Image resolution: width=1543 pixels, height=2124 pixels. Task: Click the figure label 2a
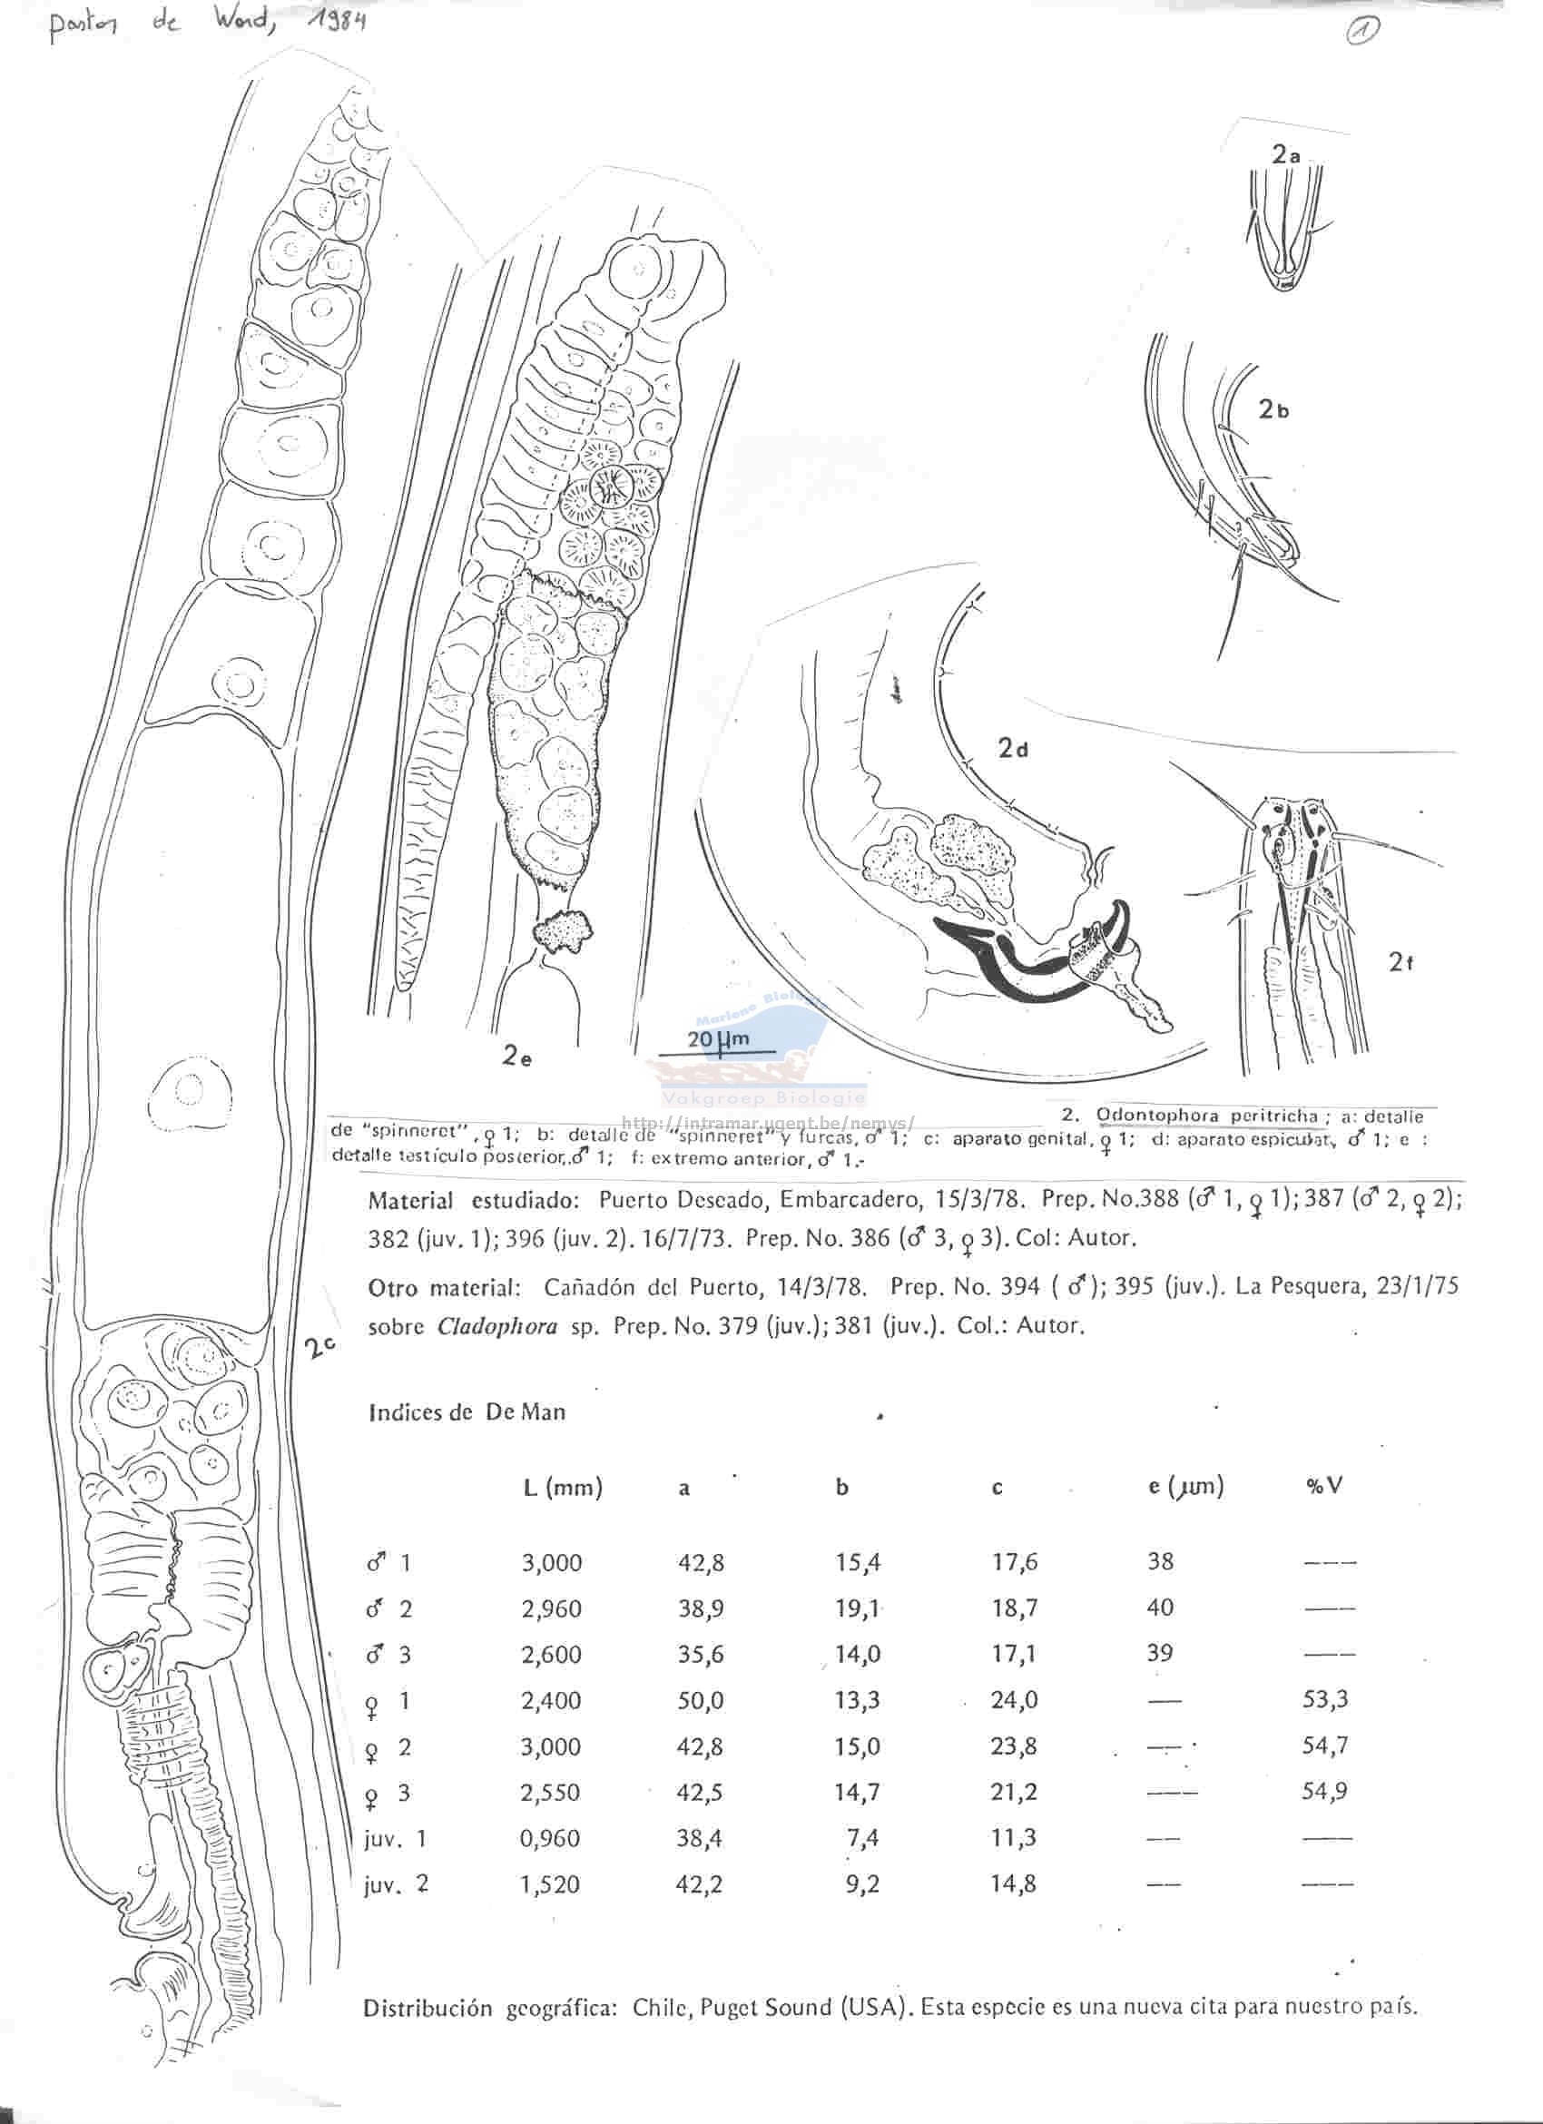coord(1285,156)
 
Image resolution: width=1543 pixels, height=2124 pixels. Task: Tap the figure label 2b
coord(1274,409)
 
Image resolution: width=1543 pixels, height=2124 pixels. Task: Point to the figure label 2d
coord(1013,748)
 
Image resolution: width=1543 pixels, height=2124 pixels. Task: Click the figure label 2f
coord(1400,962)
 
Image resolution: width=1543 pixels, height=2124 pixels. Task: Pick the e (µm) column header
coord(1186,1486)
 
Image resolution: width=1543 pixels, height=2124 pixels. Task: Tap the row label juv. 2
coord(396,1884)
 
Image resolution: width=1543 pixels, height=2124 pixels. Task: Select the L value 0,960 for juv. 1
coord(552,1838)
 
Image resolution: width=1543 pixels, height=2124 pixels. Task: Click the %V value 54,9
coord(1325,1792)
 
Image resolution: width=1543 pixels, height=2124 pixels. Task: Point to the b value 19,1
coord(858,1609)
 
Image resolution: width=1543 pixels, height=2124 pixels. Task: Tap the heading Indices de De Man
coord(467,1412)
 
